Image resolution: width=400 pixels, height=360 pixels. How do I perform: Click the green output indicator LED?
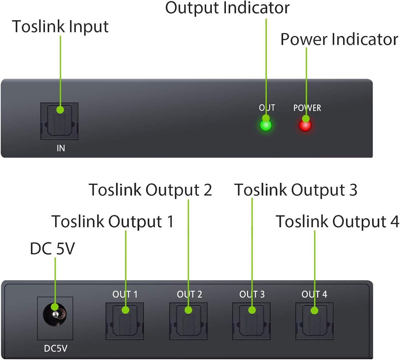(x=266, y=125)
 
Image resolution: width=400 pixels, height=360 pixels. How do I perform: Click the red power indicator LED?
(x=305, y=125)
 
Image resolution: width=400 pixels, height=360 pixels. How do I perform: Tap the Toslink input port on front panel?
(x=60, y=121)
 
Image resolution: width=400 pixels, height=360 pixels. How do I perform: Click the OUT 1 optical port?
(x=125, y=321)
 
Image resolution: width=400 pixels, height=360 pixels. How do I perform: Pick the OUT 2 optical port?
(x=188, y=321)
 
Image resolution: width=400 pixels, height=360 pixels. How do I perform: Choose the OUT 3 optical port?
(x=251, y=321)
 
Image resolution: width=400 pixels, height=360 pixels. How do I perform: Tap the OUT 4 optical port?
(x=314, y=321)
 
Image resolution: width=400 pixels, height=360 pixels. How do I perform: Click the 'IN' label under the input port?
(x=61, y=148)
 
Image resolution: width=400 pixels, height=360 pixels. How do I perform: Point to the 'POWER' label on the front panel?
(x=307, y=108)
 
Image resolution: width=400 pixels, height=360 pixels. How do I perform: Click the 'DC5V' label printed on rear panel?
(x=56, y=348)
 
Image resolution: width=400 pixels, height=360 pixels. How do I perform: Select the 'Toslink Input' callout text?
(x=60, y=27)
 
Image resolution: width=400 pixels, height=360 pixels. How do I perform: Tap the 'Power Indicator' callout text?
(x=339, y=39)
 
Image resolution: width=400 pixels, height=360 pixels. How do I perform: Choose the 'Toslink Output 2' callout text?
(x=150, y=190)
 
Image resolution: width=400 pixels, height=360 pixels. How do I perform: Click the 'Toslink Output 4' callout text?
(x=337, y=222)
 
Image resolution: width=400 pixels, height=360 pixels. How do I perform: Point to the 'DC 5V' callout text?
(x=52, y=248)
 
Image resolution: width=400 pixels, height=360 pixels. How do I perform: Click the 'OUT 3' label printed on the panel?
(x=252, y=294)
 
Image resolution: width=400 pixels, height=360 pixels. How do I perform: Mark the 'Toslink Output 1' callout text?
(x=113, y=222)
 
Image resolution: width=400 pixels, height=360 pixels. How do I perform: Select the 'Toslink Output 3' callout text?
(x=296, y=190)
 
